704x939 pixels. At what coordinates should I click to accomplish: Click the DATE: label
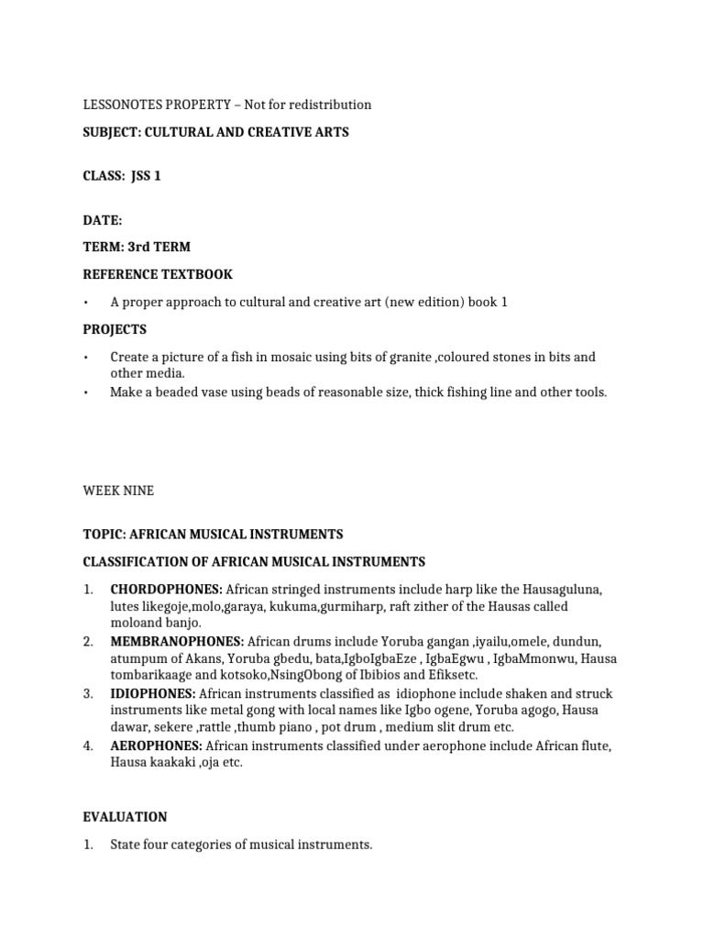click(102, 221)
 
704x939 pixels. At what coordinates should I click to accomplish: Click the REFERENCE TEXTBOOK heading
click(158, 274)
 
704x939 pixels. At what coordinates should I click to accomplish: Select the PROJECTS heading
click(115, 329)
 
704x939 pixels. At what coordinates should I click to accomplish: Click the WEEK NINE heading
click(118, 491)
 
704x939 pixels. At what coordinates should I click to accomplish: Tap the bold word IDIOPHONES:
click(152, 693)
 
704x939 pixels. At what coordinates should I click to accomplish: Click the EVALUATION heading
click(125, 816)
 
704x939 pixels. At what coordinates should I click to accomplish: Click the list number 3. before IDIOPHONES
click(88, 693)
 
